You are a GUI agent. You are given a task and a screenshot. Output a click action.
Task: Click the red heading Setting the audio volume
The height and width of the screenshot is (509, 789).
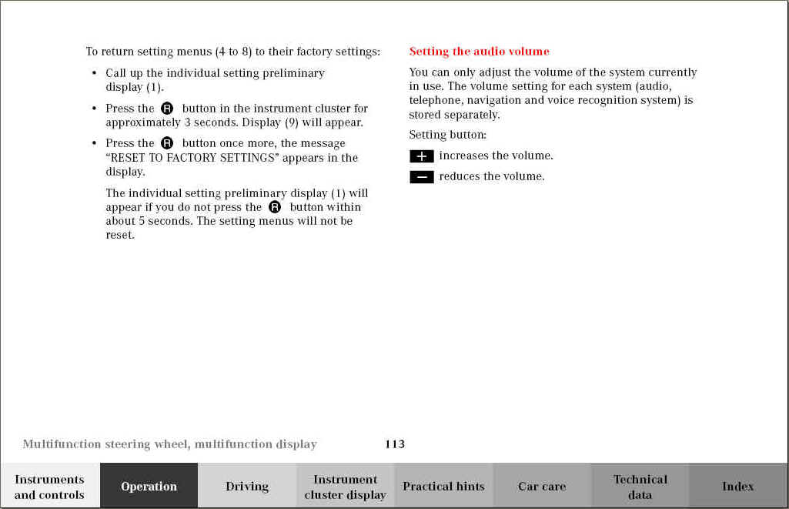(x=479, y=52)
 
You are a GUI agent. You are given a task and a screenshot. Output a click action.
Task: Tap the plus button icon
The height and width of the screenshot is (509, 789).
(x=421, y=156)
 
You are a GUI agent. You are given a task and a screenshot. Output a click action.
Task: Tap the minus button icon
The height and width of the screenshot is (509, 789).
(x=421, y=177)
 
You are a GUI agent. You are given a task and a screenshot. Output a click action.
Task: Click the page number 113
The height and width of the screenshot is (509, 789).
(x=395, y=444)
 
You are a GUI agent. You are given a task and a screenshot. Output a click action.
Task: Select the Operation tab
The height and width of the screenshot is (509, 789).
(x=149, y=487)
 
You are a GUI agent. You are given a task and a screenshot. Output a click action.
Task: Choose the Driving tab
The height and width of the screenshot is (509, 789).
(x=247, y=487)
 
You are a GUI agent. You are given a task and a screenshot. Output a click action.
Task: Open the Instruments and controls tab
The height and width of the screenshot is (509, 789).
(x=49, y=487)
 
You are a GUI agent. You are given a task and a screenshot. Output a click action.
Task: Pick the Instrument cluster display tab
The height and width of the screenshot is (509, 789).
(x=346, y=487)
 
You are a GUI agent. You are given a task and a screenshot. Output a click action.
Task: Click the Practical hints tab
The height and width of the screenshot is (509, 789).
(x=443, y=487)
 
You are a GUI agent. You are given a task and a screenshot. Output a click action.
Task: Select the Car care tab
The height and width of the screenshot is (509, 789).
(x=542, y=487)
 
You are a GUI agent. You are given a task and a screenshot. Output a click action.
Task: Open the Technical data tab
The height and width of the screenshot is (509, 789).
(x=640, y=487)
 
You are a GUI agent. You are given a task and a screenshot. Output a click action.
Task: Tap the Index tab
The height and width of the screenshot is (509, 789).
(x=737, y=487)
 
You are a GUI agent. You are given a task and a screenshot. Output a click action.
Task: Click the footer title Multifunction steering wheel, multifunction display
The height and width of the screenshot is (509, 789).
(x=169, y=444)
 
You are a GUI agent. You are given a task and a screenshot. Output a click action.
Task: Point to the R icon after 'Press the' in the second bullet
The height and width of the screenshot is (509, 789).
(x=167, y=109)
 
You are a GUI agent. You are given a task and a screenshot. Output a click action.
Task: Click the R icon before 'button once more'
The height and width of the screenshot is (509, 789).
(x=167, y=143)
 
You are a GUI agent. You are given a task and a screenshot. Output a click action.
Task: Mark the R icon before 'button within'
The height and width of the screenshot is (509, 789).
(x=275, y=207)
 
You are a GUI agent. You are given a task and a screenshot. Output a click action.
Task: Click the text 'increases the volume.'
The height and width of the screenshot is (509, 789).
(x=496, y=156)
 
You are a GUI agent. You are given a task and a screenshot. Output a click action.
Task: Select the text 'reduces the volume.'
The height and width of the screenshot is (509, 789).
(x=492, y=176)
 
